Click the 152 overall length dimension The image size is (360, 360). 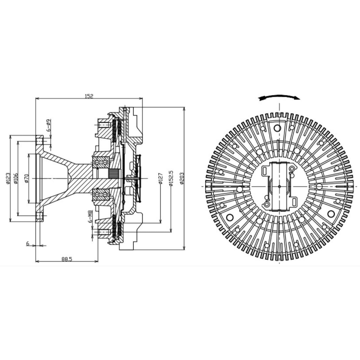pyautogui.click(x=89, y=96)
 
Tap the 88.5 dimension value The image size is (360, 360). pyautogui.click(x=67, y=259)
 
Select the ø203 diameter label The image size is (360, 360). pyautogui.click(x=181, y=178)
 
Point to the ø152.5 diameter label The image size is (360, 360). pyautogui.click(x=171, y=178)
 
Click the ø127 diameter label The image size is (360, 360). pyautogui.click(x=161, y=179)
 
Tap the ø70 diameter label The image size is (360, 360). pyautogui.click(x=26, y=178)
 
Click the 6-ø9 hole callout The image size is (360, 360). pyautogui.click(x=49, y=125)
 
